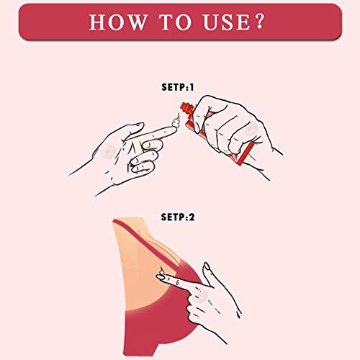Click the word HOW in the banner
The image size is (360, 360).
tap(117, 22)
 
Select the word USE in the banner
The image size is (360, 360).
tap(227, 22)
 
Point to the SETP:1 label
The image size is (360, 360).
tap(177, 87)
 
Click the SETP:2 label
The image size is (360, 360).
tap(178, 217)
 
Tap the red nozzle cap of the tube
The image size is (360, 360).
tap(186, 107)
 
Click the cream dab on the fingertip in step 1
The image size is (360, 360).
tap(176, 121)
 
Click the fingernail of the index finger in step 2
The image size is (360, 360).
tap(161, 277)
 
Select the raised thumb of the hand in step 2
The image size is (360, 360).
tap(208, 274)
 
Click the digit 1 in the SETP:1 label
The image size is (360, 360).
tap(192, 87)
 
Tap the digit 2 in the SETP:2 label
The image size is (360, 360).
tap(192, 217)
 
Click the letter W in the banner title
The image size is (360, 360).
tap(136, 22)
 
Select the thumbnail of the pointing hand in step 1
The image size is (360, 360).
tap(138, 125)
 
